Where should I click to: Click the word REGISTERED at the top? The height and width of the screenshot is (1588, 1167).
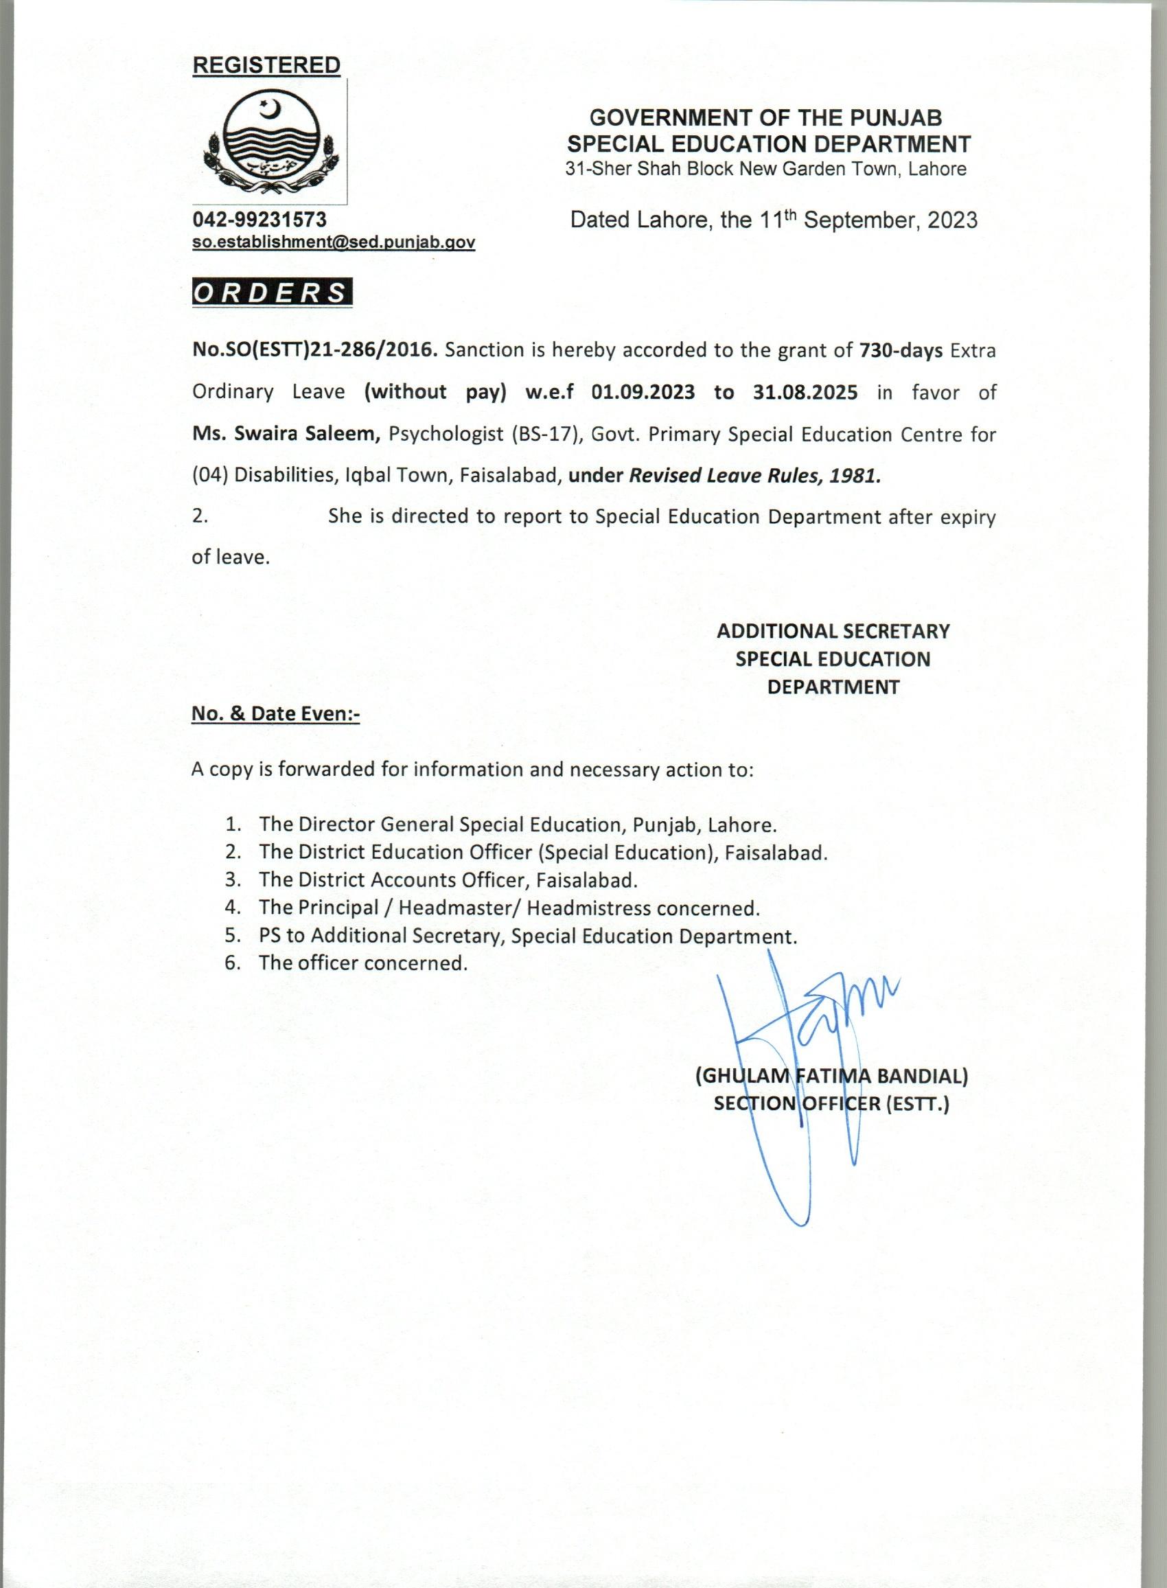click(266, 65)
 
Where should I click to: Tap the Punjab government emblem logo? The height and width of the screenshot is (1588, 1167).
click(271, 146)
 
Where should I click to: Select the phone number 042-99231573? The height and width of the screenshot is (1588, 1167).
click(259, 220)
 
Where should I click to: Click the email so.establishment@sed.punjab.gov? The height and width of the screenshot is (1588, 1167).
click(334, 242)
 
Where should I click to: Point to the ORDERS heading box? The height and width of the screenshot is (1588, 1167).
click(272, 293)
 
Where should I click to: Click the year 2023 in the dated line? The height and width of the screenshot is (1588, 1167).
click(952, 220)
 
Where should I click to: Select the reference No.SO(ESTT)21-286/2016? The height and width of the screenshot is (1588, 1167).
click(315, 350)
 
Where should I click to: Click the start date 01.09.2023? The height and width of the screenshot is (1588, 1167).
click(643, 392)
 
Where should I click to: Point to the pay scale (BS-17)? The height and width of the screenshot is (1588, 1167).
click(546, 434)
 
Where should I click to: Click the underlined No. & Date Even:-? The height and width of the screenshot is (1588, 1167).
click(275, 713)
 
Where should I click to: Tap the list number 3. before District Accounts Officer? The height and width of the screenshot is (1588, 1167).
click(234, 880)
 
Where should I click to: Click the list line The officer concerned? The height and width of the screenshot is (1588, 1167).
click(363, 963)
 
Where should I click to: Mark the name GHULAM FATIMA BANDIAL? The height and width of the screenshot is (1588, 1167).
click(831, 1076)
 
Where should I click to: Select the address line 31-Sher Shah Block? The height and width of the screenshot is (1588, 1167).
click(765, 170)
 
